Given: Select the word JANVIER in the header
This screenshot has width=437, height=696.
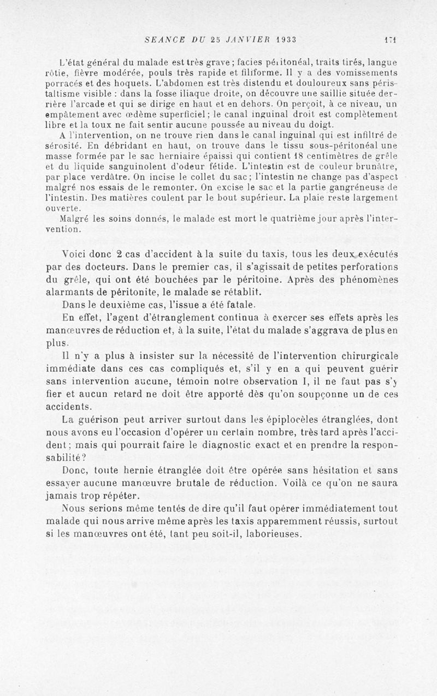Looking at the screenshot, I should pyautogui.click(x=243, y=40).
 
